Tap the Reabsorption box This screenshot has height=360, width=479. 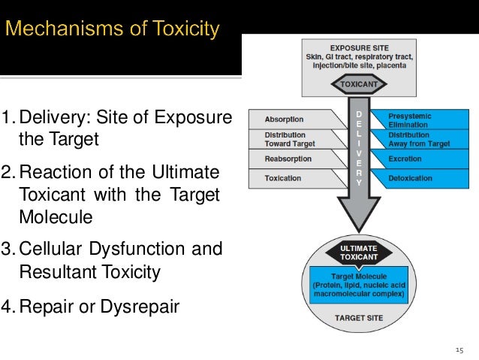(x=289, y=159)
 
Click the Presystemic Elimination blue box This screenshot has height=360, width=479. (x=420, y=119)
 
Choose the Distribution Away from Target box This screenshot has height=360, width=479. (x=420, y=139)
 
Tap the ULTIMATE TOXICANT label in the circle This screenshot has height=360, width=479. (x=358, y=252)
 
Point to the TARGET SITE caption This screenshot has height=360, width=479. (x=358, y=318)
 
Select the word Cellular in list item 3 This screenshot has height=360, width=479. (x=48, y=249)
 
